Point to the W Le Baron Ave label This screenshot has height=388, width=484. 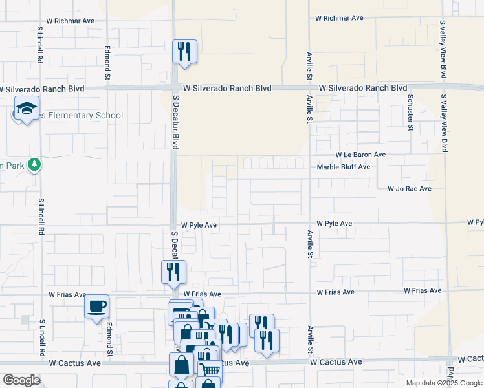tap(360, 155)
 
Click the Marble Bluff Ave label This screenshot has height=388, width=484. tap(343, 167)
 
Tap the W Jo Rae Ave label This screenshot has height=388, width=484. tap(409, 189)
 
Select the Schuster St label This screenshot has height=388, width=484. tap(410, 111)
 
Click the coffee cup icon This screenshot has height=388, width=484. tap(97, 306)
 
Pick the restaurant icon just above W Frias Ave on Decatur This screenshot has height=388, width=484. tap(173, 272)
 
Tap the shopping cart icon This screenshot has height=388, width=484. tap(209, 369)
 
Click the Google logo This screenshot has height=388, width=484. tap(21, 380)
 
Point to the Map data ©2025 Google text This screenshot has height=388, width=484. tap(444, 383)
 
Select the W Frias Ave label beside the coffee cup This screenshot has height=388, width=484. tap(67, 294)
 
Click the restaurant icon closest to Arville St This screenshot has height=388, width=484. tap(267, 340)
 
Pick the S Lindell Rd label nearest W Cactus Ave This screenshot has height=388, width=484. tap(42, 336)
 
